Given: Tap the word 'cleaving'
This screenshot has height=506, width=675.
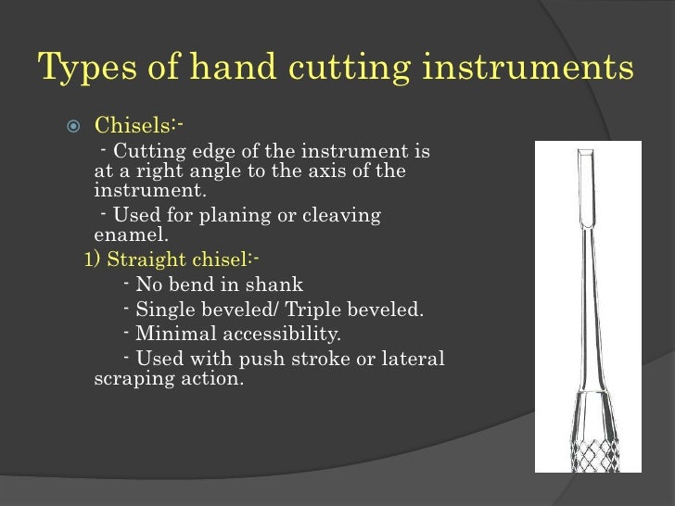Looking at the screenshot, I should click(345, 216).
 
